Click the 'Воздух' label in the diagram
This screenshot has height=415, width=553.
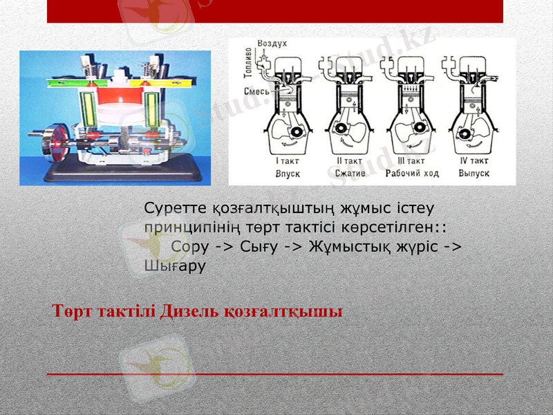click(x=272, y=43)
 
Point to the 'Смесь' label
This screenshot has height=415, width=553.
click(x=257, y=91)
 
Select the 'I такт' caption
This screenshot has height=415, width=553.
click(x=288, y=161)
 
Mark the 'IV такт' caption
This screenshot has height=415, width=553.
click(x=474, y=161)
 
